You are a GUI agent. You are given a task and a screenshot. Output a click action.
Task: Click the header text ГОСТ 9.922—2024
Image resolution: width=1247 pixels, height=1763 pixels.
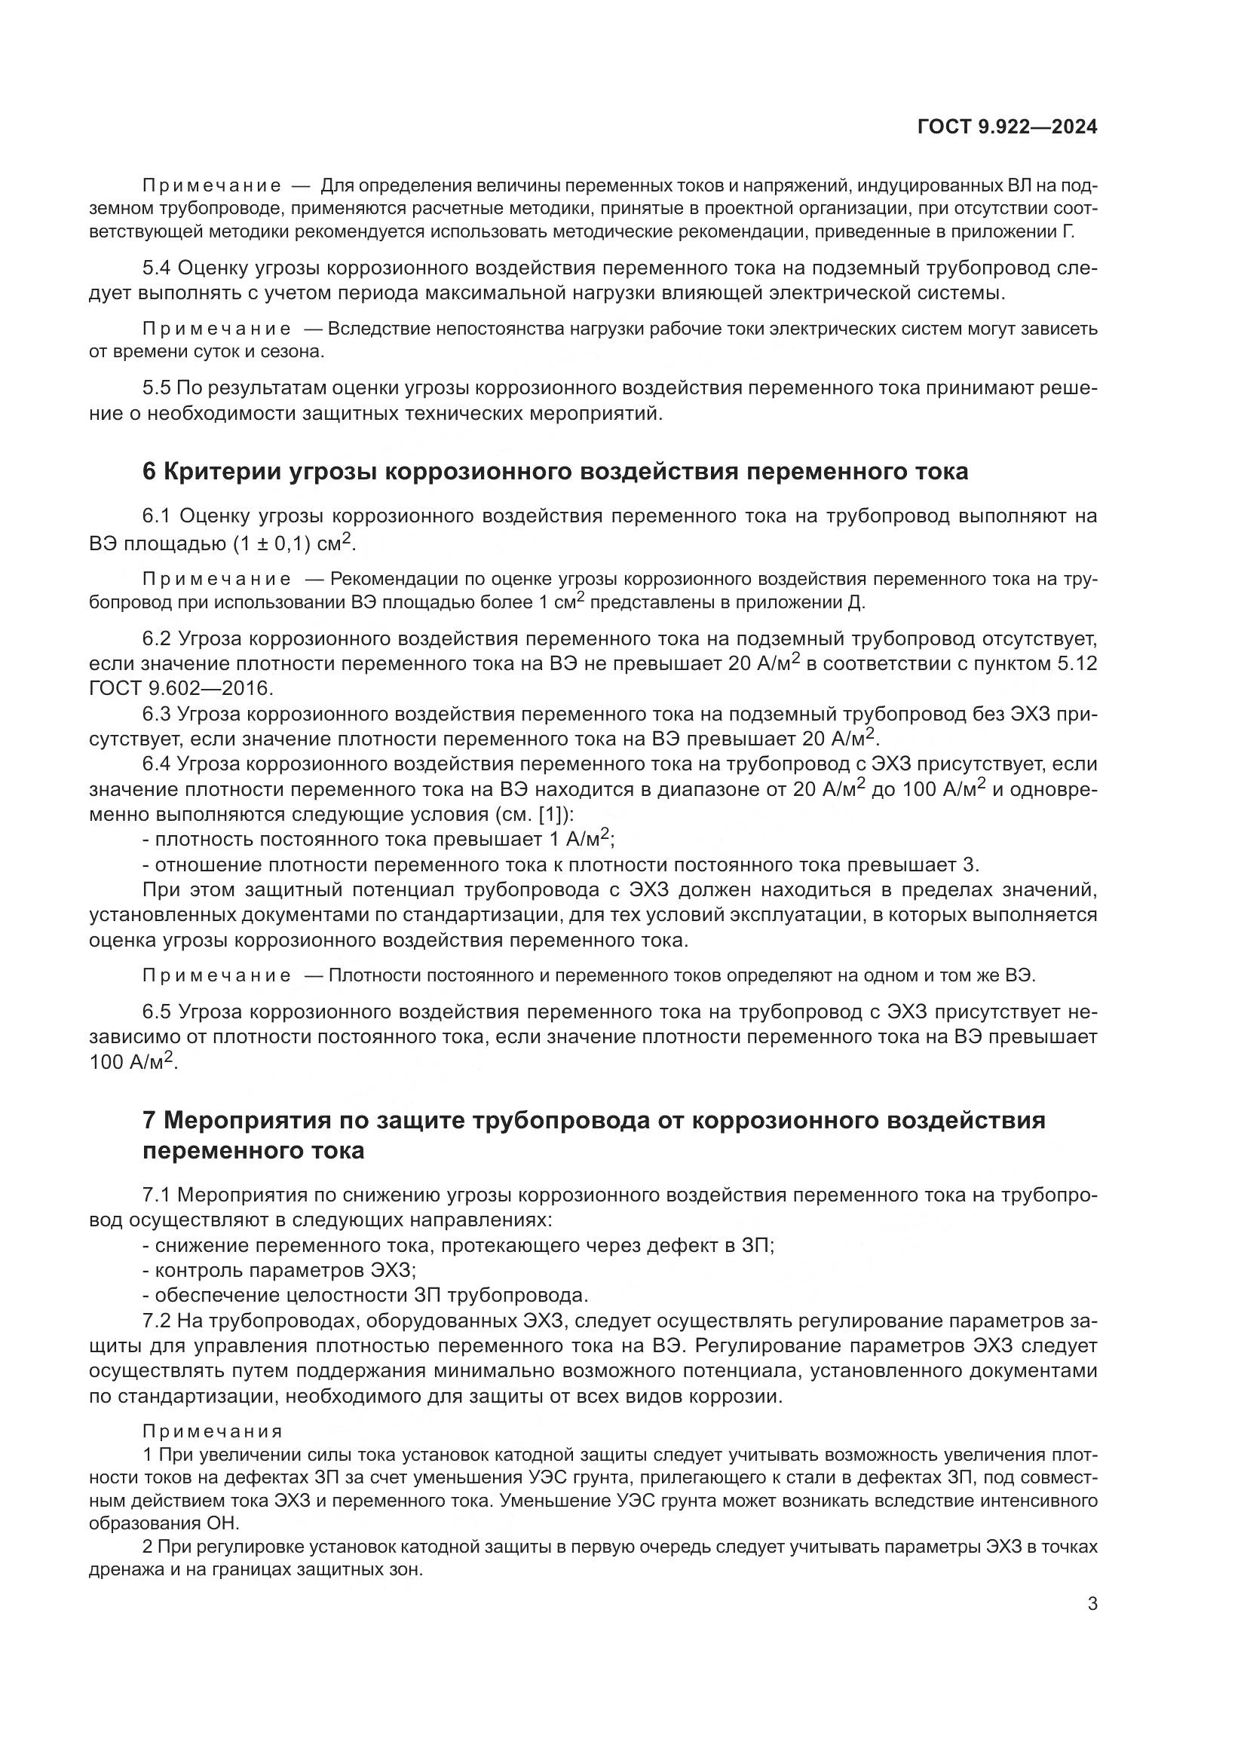point(1006,127)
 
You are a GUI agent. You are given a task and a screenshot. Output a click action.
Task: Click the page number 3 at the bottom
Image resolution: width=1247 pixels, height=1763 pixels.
point(1092,1625)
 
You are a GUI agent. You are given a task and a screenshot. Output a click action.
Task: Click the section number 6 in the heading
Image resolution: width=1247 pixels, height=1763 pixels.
point(149,471)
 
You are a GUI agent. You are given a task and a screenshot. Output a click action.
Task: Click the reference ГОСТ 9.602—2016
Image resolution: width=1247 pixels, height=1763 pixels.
point(181,688)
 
